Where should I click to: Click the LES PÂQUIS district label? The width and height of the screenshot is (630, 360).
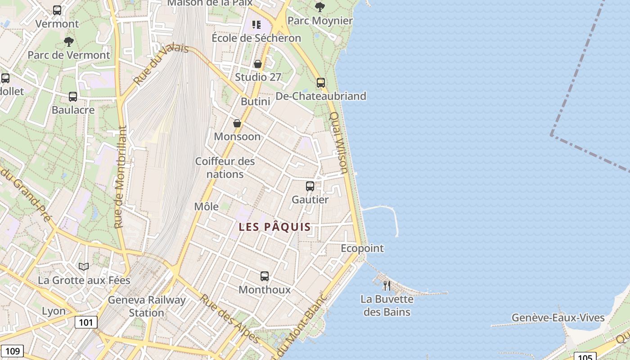274,227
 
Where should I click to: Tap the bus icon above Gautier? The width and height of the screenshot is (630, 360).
310,186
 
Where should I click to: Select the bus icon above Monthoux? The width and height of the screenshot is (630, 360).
265,276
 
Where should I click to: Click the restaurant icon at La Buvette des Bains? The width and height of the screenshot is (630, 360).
387,285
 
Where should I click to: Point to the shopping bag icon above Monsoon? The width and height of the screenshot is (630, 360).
237,123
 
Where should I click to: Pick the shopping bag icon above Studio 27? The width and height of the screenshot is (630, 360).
258,64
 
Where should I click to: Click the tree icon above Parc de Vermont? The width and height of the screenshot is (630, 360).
69,42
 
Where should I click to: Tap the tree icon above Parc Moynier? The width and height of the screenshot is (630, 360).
320,7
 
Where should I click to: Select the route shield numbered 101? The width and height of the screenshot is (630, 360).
86,322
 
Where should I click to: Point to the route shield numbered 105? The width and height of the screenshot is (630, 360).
585,357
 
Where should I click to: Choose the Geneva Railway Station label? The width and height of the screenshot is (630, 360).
147,306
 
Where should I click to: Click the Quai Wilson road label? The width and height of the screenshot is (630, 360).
339,143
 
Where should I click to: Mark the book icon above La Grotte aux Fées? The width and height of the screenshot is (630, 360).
84,266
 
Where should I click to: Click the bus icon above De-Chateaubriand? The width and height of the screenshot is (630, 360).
321,82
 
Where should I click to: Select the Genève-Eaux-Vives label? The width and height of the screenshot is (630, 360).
558,318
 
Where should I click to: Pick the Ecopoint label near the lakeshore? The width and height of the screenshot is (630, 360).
362,248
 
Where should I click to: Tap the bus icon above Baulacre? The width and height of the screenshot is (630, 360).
73,96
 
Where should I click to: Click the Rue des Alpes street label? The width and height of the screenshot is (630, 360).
229,319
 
